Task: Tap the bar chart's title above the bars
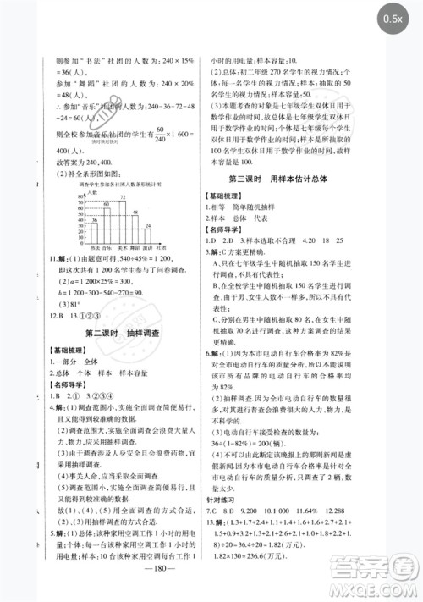113,184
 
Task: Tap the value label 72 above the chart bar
122,198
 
